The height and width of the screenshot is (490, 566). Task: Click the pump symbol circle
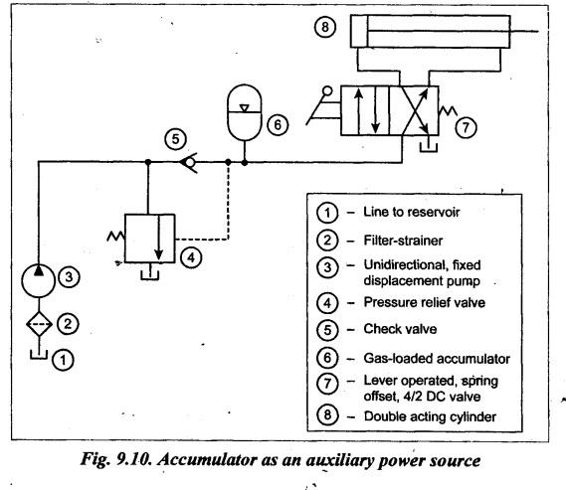(x=38, y=281)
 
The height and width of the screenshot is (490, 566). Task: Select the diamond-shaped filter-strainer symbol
(x=39, y=324)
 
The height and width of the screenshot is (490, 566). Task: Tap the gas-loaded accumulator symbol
(x=245, y=112)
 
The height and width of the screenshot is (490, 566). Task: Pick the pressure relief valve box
(x=150, y=239)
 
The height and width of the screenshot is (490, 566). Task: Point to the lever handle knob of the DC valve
(x=327, y=90)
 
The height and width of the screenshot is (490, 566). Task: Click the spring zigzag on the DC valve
(x=448, y=110)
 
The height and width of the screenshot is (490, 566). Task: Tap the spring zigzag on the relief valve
(x=115, y=237)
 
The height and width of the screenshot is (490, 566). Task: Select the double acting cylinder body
(x=431, y=32)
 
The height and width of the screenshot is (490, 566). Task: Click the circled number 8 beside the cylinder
(x=325, y=27)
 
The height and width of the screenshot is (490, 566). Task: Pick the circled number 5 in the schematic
(x=175, y=139)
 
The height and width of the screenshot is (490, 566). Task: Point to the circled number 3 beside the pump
(x=69, y=277)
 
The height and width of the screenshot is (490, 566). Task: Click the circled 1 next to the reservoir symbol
(x=64, y=360)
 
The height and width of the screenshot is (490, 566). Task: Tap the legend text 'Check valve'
(x=400, y=329)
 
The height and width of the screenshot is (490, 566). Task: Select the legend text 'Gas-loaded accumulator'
(x=437, y=359)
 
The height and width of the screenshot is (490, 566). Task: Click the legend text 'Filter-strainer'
(x=403, y=241)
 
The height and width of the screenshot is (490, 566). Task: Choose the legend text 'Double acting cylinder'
(x=430, y=416)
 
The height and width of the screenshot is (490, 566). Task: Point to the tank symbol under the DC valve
(x=429, y=147)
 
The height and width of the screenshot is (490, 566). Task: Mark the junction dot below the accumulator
(x=245, y=163)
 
